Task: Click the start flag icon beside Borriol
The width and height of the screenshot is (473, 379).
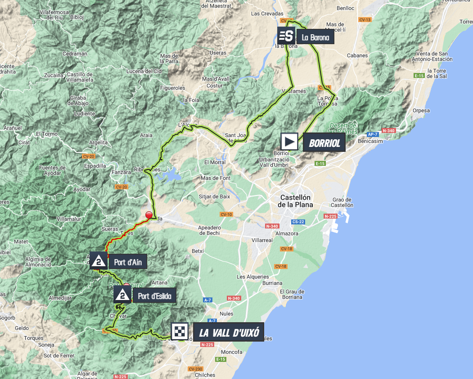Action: pos(289,142)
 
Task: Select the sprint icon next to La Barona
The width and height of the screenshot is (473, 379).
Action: pos(286,36)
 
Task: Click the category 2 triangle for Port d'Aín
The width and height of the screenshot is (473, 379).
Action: pos(99,260)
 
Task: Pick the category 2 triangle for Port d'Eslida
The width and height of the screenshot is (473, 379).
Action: pos(122,296)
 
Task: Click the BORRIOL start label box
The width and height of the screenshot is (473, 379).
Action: pos(324,143)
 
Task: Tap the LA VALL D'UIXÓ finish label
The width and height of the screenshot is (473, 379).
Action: pos(229,333)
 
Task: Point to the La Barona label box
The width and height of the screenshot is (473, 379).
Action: pos(315,37)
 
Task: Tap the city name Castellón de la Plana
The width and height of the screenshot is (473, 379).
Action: pos(296,201)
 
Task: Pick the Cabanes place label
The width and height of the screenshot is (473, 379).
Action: pos(357,55)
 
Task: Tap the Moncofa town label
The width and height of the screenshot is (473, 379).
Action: pos(232,352)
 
